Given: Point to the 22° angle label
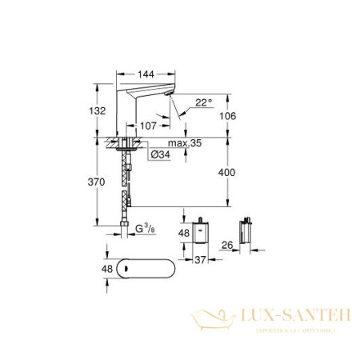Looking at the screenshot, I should [x=206, y=102].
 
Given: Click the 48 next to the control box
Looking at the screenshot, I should [x=182, y=234].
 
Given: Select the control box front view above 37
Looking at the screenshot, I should [x=199, y=232].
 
